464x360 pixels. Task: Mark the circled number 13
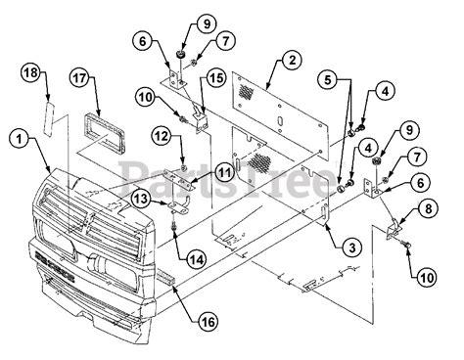pos(140,200)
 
